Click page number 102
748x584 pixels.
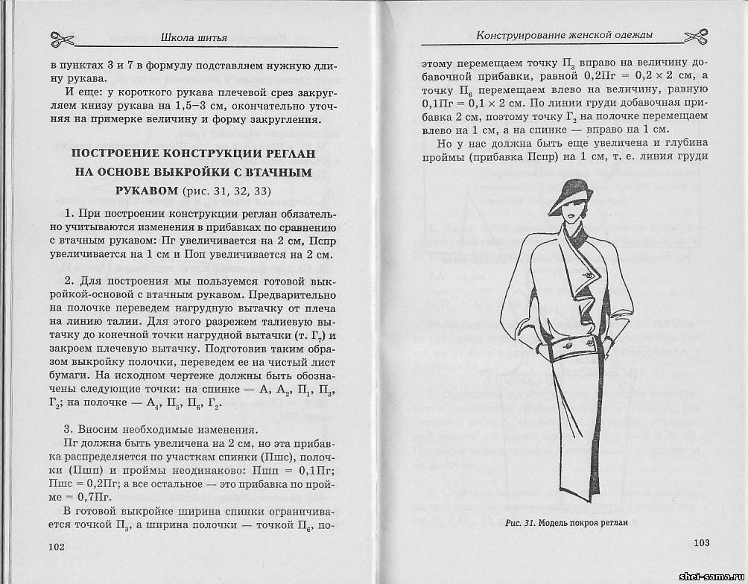coord(57,546)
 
